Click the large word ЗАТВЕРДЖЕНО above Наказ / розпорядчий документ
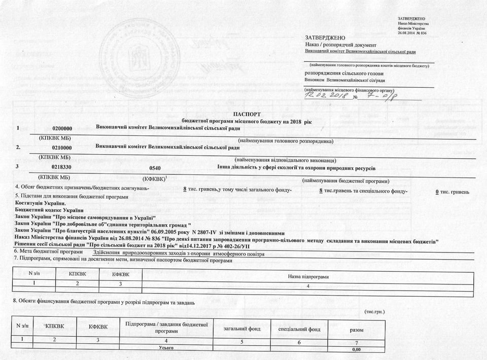(325, 38)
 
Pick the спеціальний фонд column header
(299, 329)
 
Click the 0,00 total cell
(356, 349)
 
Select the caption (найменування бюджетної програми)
(345, 181)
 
